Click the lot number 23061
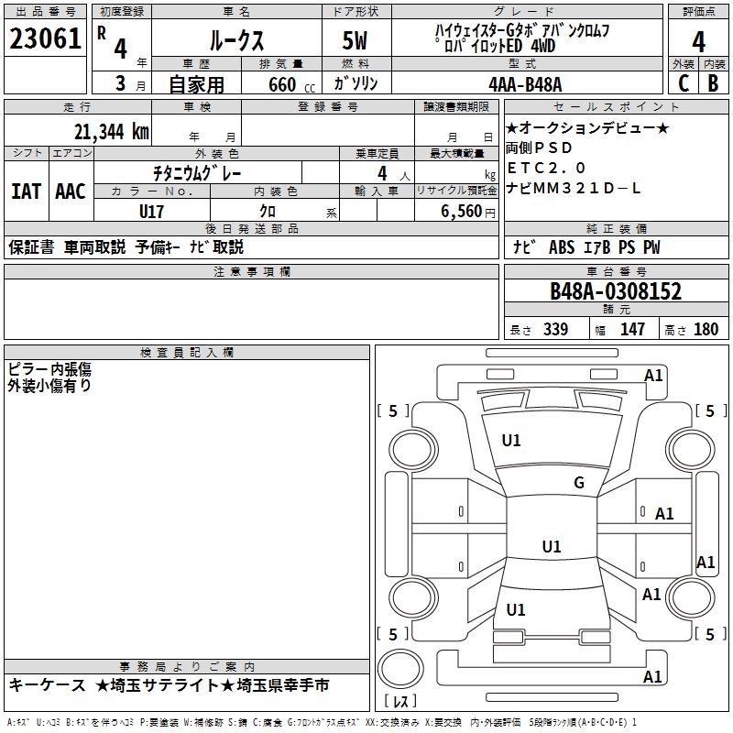[45, 40]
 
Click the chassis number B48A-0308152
[616, 292]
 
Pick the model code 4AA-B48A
[525, 84]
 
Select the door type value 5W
[356, 41]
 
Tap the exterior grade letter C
[683, 84]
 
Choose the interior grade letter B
[713, 84]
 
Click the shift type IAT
[26, 191]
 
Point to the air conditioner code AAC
[71, 191]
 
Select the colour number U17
[152, 211]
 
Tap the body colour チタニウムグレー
[197, 172]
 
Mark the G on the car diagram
[578, 483]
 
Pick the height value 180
[706, 330]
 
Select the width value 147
[632, 330]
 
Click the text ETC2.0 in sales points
[547, 168]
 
